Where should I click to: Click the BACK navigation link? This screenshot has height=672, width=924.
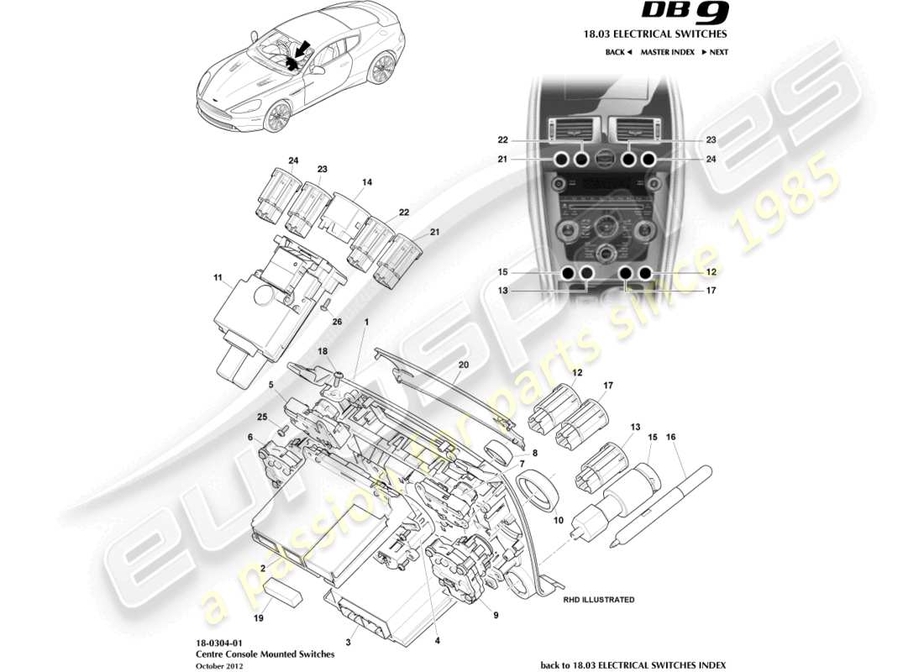[x=617, y=52]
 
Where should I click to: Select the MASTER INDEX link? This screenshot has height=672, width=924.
[x=667, y=52]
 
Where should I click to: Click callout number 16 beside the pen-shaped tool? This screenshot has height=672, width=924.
[x=670, y=438]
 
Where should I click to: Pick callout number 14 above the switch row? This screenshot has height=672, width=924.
[x=366, y=181]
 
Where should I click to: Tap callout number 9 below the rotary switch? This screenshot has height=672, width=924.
[x=495, y=615]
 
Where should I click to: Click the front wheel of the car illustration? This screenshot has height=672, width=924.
[x=276, y=116]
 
